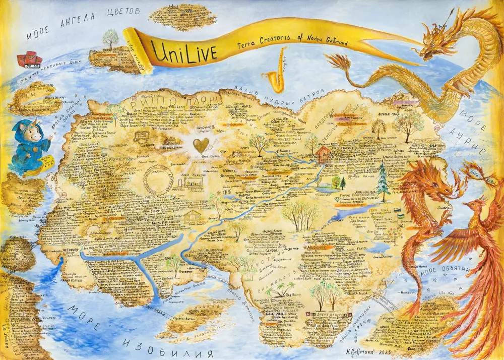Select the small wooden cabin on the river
[x=323, y=154]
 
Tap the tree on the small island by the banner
[x=110, y=38]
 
